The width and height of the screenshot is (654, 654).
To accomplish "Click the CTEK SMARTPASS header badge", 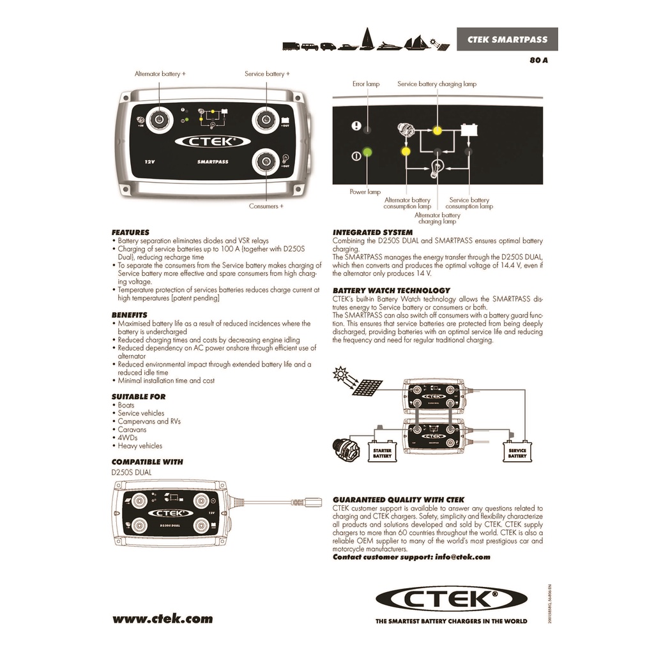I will pos(506,40).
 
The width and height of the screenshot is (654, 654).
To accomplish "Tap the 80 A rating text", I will pos(538,60).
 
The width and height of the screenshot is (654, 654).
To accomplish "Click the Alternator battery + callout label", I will pos(160,74).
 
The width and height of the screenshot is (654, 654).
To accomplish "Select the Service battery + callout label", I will pos(267,74).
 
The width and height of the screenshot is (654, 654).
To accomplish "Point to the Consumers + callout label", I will pos(266,206).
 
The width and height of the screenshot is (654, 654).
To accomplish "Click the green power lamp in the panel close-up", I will pos(367,153).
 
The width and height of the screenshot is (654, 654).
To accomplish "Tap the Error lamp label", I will pos(366,84).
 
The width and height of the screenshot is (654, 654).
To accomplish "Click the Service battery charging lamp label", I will pos(437,84).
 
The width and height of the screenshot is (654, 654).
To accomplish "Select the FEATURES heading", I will pos(130,232).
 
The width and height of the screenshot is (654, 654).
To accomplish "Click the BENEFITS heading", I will pos(129,315).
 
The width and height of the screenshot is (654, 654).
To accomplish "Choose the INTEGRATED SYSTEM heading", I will pos(372,232).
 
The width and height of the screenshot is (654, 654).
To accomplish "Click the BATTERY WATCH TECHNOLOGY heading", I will pos(392,291).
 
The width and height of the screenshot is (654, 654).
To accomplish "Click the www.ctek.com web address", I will pos(163,618).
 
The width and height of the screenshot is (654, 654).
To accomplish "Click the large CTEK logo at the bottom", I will pos(451,600).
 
